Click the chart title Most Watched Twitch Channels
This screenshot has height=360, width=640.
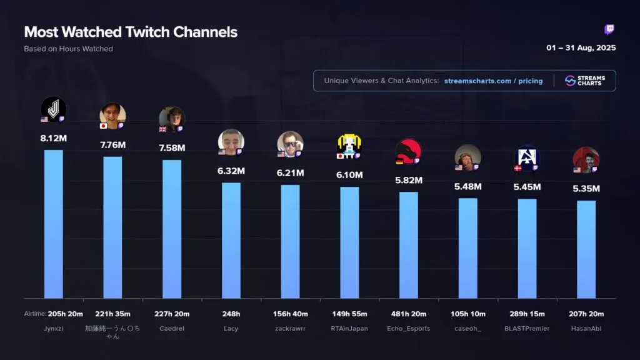[x=131, y=32]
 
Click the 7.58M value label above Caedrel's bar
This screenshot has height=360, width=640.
[x=172, y=148]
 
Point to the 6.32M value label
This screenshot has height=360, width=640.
[x=231, y=171]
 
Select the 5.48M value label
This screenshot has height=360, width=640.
[x=468, y=186]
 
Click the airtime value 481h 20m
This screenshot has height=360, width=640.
[x=409, y=314]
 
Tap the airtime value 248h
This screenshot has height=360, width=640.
[x=231, y=314]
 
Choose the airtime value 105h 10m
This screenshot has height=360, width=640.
[x=468, y=314]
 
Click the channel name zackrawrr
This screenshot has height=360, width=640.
[x=291, y=328]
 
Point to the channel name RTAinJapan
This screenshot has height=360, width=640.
[x=349, y=328]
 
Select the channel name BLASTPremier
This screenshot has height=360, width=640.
[x=527, y=328]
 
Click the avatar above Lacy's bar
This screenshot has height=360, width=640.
[x=231, y=142]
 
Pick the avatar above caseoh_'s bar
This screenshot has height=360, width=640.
[x=468, y=157]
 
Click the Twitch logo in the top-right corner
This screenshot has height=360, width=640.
[x=609, y=30]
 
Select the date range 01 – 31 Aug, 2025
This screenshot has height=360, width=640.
[x=581, y=48]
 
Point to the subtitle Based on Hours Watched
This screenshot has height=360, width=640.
[x=69, y=49]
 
